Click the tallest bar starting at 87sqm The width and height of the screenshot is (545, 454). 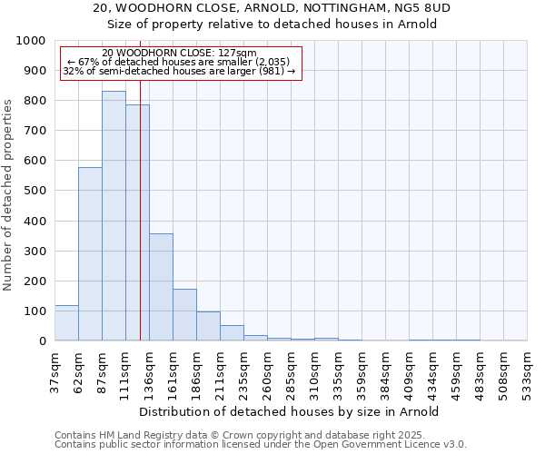[x=114, y=216]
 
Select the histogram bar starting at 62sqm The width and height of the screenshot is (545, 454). [x=90, y=254]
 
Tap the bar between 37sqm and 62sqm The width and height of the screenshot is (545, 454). [x=66, y=323]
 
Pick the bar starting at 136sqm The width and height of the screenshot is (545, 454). [x=161, y=287]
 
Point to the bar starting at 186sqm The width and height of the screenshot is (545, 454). [x=208, y=326]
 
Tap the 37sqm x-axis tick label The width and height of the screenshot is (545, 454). [x=55, y=372]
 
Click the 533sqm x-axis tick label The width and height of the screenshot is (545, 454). [x=527, y=372]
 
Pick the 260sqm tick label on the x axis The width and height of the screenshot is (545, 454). [x=267, y=372]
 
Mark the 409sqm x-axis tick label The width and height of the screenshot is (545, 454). [x=409, y=372]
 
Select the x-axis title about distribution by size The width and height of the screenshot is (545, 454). [x=290, y=411]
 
